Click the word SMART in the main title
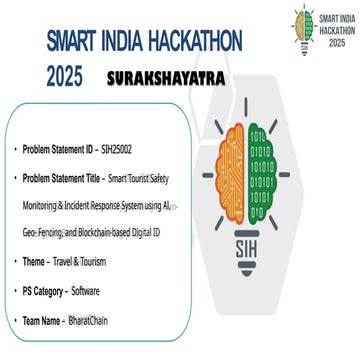79,42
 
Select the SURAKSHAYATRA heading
164,77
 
